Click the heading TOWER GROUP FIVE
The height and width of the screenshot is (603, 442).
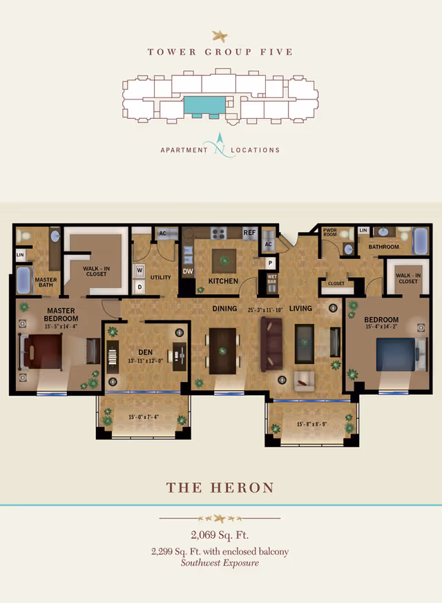click(x=220, y=52)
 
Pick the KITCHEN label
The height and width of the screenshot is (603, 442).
click(x=223, y=281)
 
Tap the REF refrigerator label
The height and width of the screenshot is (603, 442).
click(x=249, y=233)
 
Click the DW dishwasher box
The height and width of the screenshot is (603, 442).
click(x=187, y=271)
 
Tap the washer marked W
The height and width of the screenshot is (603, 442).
click(x=140, y=269)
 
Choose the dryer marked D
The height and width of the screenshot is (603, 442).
click(x=140, y=286)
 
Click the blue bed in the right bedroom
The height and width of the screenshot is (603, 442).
click(x=394, y=355)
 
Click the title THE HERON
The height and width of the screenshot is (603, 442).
click(x=220, y=488)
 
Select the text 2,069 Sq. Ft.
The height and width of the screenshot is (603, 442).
click(x=220, y=535)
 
